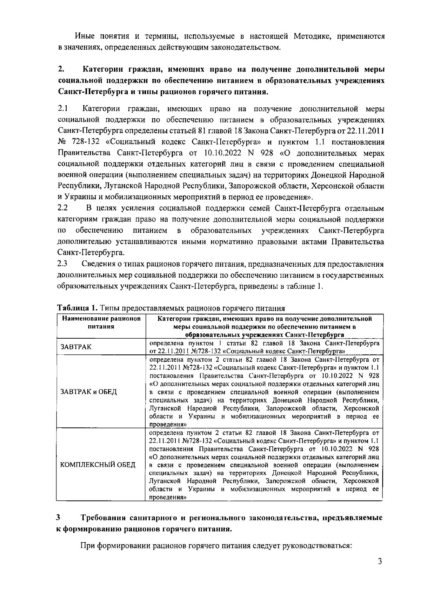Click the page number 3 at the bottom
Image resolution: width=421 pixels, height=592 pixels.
380,561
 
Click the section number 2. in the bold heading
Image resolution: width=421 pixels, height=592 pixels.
60,68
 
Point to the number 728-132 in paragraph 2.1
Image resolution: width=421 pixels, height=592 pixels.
81,142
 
